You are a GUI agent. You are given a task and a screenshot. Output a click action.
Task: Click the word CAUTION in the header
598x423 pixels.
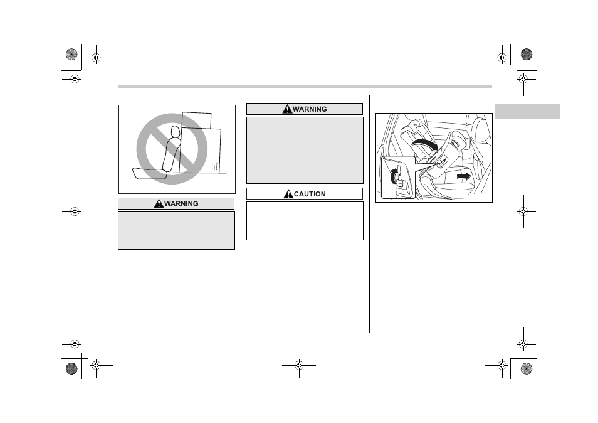(310, 194)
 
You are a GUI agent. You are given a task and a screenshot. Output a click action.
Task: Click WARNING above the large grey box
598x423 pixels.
(310, 109)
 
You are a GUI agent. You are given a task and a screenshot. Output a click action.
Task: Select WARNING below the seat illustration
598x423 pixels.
(181, 204)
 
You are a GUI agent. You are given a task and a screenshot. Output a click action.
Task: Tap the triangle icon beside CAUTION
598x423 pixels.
(288, 194)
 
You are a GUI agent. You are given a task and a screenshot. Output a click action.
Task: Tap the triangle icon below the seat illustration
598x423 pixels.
(159, 203)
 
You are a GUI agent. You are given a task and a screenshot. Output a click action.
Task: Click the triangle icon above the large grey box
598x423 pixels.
(287, 109)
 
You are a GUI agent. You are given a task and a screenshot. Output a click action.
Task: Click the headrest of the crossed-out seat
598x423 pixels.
(175, 132)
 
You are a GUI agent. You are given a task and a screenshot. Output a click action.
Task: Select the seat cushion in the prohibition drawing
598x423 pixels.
(149, 174)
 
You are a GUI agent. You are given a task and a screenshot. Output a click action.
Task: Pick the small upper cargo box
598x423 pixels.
(196, 120)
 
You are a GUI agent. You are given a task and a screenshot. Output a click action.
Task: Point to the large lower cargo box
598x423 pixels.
(200, 151)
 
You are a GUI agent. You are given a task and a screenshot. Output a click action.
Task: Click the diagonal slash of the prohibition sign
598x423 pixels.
(172, 149)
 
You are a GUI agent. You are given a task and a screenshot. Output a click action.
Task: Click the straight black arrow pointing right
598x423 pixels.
(464, 176)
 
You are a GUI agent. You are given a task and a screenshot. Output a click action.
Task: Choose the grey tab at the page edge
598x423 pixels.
(527, 111)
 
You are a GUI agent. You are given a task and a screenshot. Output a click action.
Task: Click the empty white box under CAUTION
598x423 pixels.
(305, 221)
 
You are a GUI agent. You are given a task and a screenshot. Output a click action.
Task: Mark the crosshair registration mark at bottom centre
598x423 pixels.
(299, 365)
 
